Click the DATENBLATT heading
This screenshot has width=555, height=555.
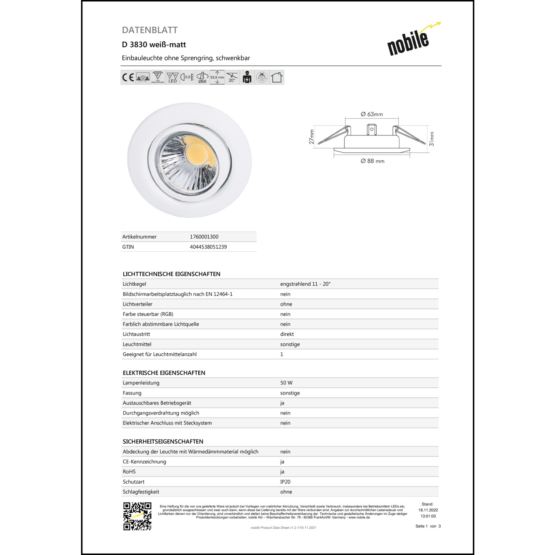[x=150, y=30]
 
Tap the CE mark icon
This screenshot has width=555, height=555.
[x=128, y=77]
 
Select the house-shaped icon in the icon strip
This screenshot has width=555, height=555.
[x=276, y=77]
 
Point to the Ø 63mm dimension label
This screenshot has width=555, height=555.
[x=372, y=114]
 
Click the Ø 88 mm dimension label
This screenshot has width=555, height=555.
[x=372, y=161]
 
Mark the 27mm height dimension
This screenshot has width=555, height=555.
[x=312, y=137]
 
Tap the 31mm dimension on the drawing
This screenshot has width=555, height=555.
[x=431, y=139]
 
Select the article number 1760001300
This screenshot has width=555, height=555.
[x=204, y=237]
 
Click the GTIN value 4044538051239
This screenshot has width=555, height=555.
[x=208, y=247]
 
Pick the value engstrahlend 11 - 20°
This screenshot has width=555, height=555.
[x=305, y=284]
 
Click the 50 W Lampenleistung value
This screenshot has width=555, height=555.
[x=286, y=383]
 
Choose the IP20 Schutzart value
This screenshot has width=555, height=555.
[x=285, y=482]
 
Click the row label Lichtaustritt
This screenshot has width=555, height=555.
[x=136, y=334]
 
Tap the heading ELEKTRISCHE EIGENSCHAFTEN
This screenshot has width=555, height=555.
[x=164, y=373]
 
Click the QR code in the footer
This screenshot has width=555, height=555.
[x=137, y=516]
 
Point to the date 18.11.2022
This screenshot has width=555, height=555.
[x=428, y=510]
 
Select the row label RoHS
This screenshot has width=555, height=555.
[x=129, y=472]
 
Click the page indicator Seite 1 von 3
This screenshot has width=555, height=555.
[x=428, y=526]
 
